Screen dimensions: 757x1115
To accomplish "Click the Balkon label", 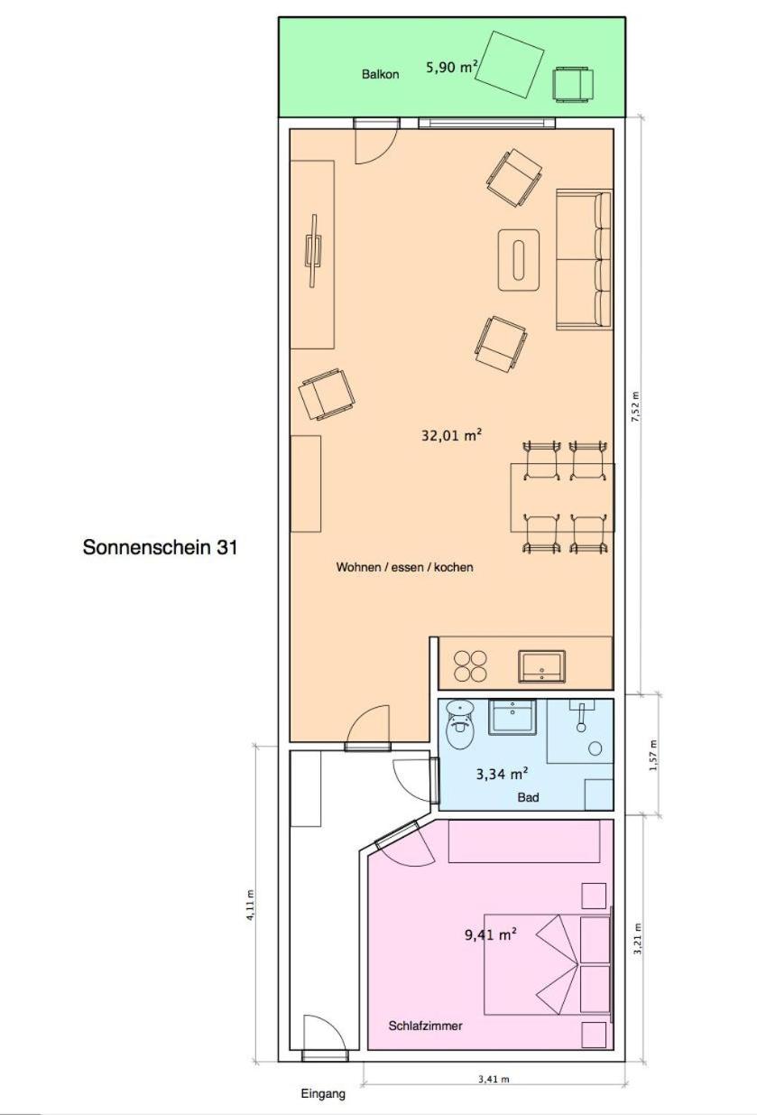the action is pos(380,75).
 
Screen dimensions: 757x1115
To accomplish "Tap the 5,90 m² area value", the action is pos(452,67).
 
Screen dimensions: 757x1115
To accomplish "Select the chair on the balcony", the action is pos(574,85).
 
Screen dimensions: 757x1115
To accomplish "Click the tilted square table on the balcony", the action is pos(508,64).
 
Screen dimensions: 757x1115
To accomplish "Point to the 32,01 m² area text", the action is pos(452,435).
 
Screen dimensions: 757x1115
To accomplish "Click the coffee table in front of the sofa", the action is pos(519,260).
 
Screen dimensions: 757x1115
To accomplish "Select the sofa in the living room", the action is pos(584,259).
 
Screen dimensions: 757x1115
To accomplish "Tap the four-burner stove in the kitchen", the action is pos(470,666).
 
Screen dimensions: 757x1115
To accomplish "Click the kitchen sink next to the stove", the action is pos(541,666).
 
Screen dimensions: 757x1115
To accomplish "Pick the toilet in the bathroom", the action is pos(459,724).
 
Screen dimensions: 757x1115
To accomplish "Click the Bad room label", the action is pos(528,797).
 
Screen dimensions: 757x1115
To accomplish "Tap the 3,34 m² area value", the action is pos(502,774).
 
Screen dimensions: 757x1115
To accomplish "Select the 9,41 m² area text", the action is pos(491,934).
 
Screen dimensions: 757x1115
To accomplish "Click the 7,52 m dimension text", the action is pos(634,406).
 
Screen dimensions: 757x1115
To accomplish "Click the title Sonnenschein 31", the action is pos(160,547).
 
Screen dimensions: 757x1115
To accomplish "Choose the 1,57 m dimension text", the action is pos(653,755).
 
